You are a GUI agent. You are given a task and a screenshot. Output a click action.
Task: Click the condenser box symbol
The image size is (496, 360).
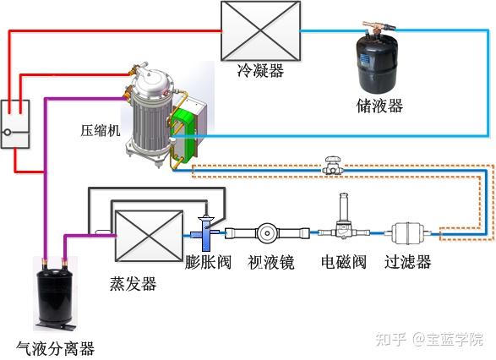coord(260,31)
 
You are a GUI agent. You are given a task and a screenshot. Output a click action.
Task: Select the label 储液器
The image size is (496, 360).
coord(379,106)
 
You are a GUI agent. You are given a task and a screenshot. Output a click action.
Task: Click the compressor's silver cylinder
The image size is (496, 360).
coord(151,114)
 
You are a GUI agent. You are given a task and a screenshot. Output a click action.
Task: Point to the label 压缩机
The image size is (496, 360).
coord(99,132)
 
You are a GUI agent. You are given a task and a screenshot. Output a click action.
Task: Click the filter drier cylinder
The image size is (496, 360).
coord(406,231)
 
